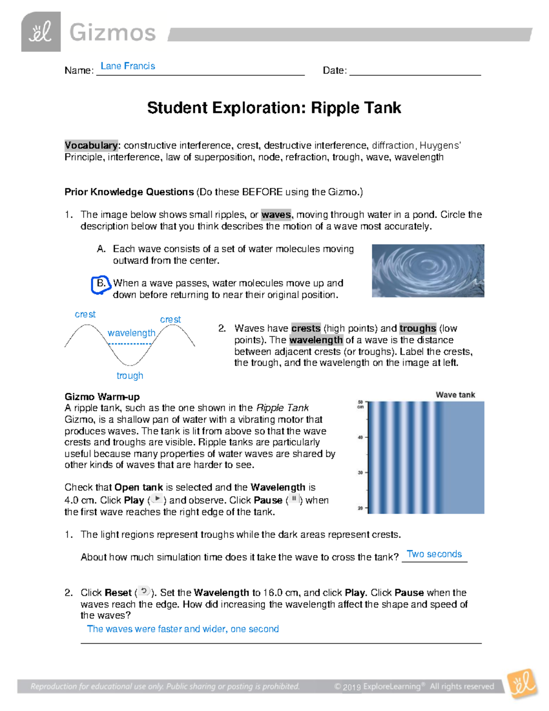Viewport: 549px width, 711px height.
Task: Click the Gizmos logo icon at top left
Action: tap(41, 32)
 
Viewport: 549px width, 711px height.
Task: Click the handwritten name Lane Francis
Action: tap(128, 66)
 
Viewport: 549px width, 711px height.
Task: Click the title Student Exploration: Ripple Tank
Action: tap(274, 108)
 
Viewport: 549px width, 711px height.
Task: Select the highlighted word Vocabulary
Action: tap(91, 146)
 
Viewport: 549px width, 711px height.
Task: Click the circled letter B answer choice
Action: tap(100, 284)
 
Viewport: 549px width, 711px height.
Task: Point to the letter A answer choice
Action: tap(101, 249)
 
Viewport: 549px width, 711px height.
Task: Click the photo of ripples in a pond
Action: tap(428, 271)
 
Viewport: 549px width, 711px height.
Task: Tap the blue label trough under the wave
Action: tap(130, 376)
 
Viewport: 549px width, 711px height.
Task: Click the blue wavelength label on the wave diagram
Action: tap(131, 333)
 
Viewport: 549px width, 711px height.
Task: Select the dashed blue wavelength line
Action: tap(130, 343)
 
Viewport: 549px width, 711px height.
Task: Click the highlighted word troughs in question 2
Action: tap(418, 328)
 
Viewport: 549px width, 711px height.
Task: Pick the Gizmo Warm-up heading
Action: tap(102, 396)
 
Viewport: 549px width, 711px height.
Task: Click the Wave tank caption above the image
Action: tap(455, 395)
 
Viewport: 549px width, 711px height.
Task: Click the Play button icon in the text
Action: tap(156, 499)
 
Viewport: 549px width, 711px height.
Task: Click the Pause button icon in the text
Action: tap(294, 499)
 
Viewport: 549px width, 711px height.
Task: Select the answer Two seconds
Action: tap(434, 554)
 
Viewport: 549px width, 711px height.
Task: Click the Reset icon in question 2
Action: tap(144, 592)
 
